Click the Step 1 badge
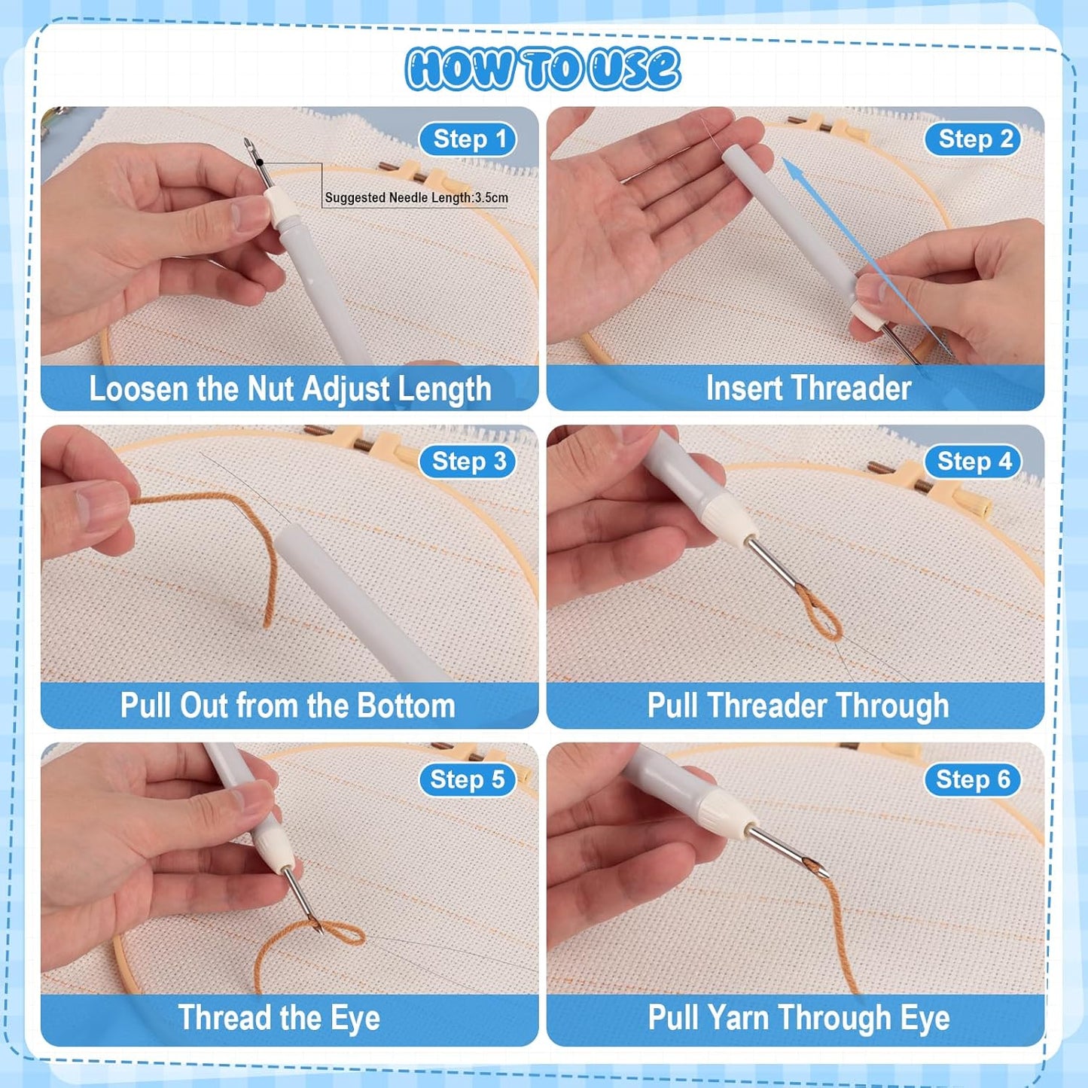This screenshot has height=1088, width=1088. (468, 139)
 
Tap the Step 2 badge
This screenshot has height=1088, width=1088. (974, 139)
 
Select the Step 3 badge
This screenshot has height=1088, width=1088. (468, 462)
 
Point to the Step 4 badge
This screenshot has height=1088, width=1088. (974, 462)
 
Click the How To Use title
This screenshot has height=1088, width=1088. (543, 69)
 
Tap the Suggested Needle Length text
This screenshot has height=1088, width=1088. (416, 198)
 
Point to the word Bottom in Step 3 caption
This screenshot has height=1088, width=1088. (406, 706)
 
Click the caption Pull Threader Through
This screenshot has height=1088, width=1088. (797, 706)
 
